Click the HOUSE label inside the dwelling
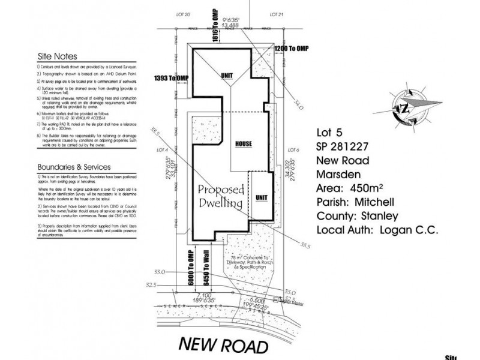tap(244, 145)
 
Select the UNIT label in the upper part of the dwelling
tap(227, 76)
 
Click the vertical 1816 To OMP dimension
tap(215, 23)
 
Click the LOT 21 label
tap(276, 13)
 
